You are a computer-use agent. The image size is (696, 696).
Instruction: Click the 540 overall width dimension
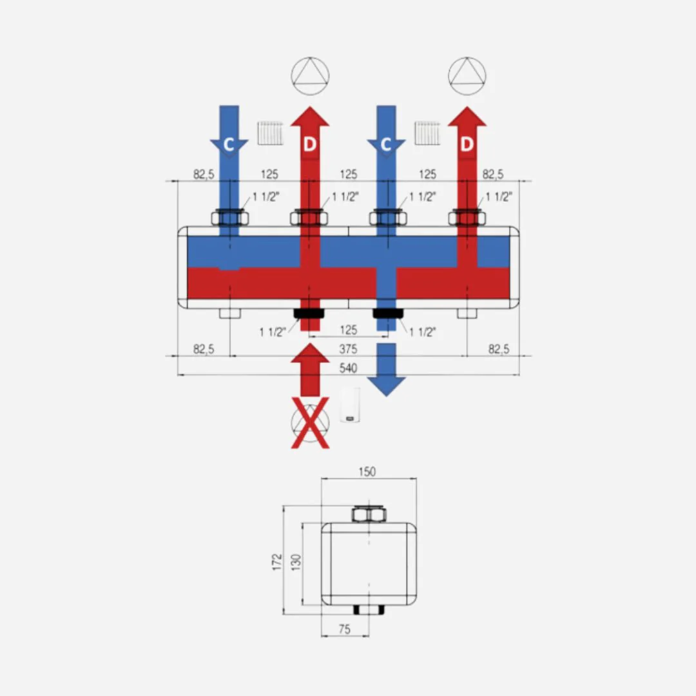pos(348,368)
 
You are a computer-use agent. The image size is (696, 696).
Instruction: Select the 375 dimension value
pos(348,349)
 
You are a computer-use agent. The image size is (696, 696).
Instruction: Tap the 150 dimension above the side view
pos(367,471)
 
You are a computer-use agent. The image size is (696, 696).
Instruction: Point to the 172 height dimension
pos(277,562)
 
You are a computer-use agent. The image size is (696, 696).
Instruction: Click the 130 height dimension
pos(296,562)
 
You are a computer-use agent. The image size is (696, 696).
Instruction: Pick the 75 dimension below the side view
pos(344,629)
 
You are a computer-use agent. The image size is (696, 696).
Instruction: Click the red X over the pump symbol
pos(310,423)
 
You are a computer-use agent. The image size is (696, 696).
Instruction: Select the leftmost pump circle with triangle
pos(310,76)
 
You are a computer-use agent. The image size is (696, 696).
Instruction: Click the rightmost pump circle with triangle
pos(467,76)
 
